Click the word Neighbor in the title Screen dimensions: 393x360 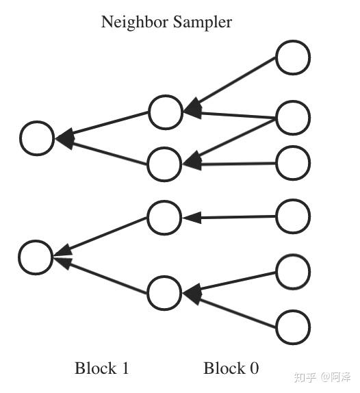(132, 22)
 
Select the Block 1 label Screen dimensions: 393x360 (101, 368)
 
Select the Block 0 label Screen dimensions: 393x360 (231, 368)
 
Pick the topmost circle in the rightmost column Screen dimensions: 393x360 (293, 58)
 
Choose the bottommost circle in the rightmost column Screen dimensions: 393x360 (293, 326)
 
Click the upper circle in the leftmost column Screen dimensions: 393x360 (37, 138)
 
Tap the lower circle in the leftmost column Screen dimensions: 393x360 (36, 257)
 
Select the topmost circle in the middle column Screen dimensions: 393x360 (166, 112)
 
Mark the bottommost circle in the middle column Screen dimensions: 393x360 (164, 293)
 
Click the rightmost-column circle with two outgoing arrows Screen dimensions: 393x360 (293, 117)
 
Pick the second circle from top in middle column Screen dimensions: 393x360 (164, 164)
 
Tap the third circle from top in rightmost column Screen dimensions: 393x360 (293, 163)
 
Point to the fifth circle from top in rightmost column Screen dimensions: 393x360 (293, 271)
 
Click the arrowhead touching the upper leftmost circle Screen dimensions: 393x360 (64, 140)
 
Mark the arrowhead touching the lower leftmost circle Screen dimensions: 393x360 (62, 258)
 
